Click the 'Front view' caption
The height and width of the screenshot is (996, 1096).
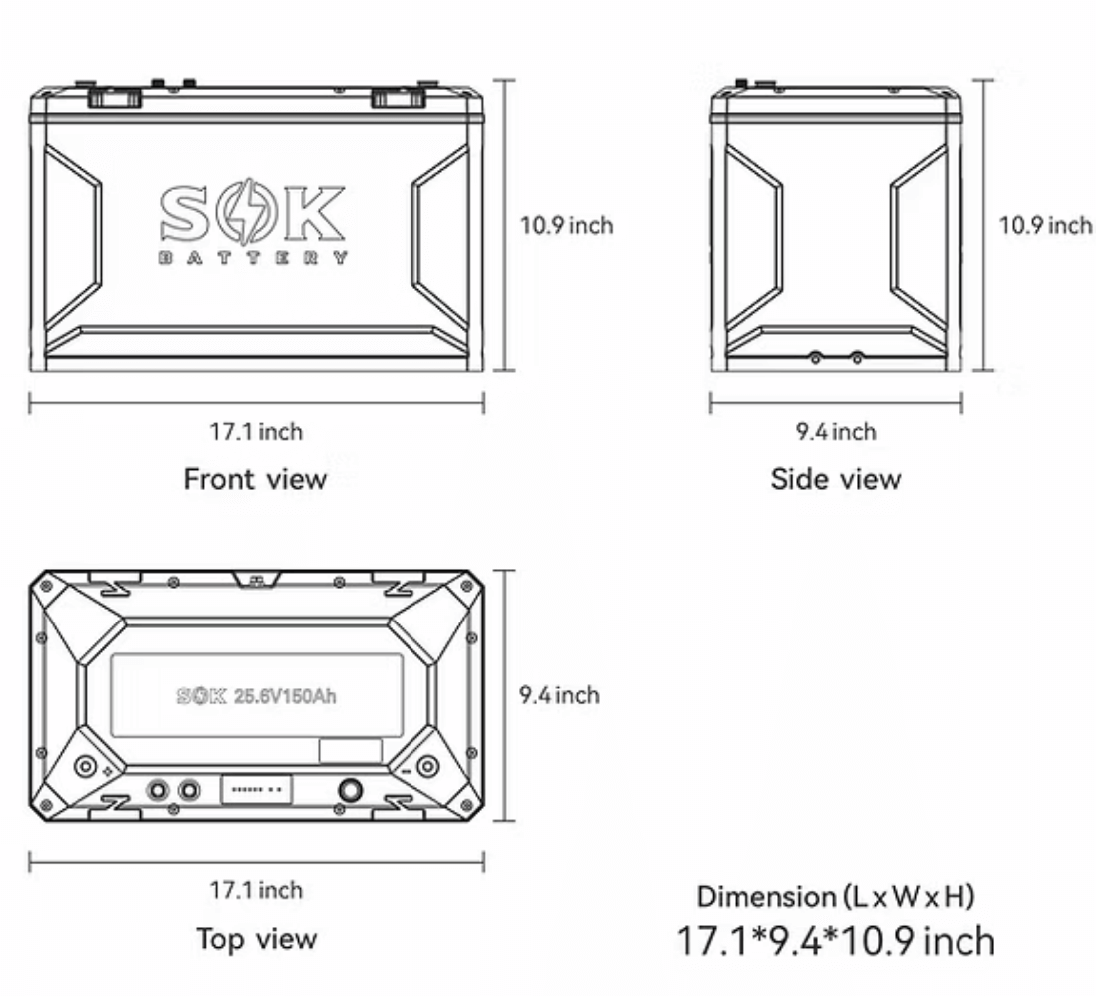(x=255, y=479)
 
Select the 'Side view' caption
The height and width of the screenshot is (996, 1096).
(x=835, y=479)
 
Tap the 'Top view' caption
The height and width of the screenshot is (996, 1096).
(x=256, y=938)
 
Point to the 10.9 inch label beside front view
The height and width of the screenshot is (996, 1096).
(x=566, y=225)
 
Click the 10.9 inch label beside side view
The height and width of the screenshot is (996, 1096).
(x=1045, y=225)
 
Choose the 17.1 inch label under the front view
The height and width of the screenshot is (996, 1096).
(x=256, y=431)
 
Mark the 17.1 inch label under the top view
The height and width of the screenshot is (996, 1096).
(x=256, y=889)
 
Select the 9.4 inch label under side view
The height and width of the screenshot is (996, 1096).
(x=835, y=431)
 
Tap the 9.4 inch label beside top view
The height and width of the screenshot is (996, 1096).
(x=559, y=694)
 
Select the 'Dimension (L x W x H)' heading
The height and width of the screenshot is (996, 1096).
(x=835, y=896)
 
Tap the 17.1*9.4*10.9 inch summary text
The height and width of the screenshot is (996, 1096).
(x=835, y=940)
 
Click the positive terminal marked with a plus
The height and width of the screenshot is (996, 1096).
(x=86, y=766)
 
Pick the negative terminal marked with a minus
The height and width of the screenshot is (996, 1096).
(x=427, y=766)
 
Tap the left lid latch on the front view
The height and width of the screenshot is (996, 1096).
(x=113, y=97)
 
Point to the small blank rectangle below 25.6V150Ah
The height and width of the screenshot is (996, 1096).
(x=350, y=751)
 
